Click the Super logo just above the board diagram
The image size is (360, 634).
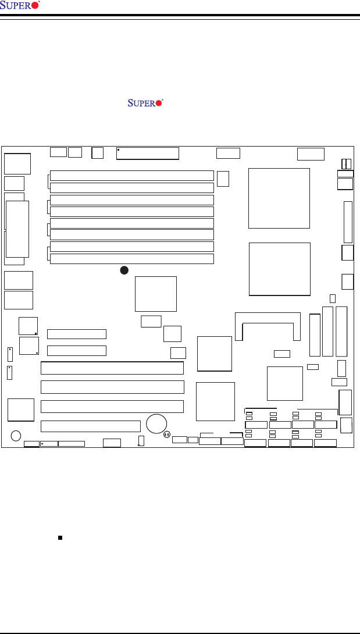[145, 103]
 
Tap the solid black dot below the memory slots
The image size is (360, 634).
[123, 270]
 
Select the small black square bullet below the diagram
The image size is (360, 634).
[60, 538]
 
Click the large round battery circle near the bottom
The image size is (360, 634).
[157, 423]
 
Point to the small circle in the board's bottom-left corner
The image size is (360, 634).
[16, 435]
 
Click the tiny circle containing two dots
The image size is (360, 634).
[166, 434]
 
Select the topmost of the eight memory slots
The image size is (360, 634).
[131, 176]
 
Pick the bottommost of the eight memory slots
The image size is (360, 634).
[131, 259]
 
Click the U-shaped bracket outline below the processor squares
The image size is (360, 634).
[268, 326]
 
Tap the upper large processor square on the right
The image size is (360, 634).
[279, 198]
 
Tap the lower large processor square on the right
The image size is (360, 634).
[279, 269]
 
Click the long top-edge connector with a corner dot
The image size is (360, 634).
[148, 153]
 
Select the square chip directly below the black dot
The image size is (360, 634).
[155, 294]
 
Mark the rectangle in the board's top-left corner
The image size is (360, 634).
[17, 163]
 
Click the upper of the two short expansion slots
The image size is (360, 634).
[77, 334]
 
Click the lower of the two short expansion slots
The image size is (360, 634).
[77, 351]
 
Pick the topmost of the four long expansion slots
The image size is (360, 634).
[112, 368]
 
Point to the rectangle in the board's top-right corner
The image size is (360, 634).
[310, 154]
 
